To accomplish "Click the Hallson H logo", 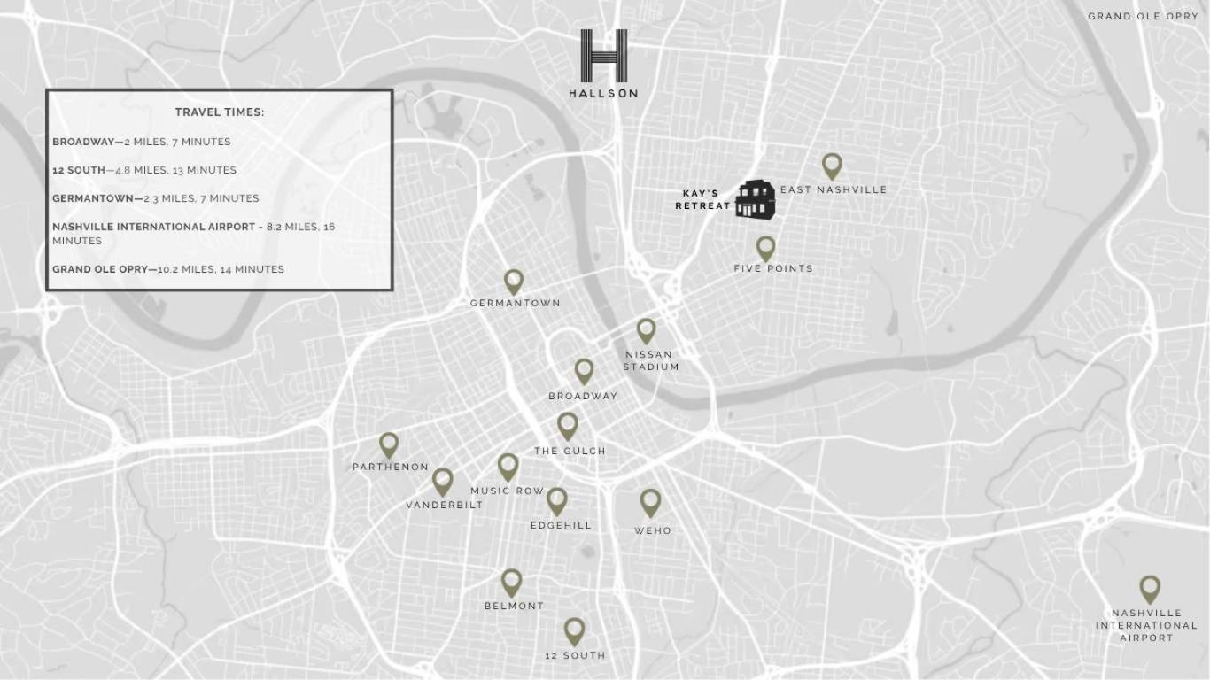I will point(603,56).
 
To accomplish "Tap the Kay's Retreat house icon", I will point(755,198).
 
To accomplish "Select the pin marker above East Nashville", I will point(831,165).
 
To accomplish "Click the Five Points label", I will point(772,268).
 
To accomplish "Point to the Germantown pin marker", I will point(513,282).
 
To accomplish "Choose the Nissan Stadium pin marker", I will point(646,330).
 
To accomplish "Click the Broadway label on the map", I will point(582,396).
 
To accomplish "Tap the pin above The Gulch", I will point(568,426).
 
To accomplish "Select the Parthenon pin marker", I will point(389,444).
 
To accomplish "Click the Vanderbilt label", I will point(445,505).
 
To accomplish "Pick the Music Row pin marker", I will point(508,467).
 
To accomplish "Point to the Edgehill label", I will point(561,525).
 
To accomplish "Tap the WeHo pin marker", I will point(650,502).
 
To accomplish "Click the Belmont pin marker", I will point(511,582).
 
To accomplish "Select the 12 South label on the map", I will point(575,655).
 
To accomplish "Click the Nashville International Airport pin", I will point(1149,589).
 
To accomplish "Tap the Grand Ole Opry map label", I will point(1143,16).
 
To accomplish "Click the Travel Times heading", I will point(219,112).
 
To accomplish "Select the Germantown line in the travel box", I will point(156,198).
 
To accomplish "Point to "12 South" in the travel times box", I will point(79,170).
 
